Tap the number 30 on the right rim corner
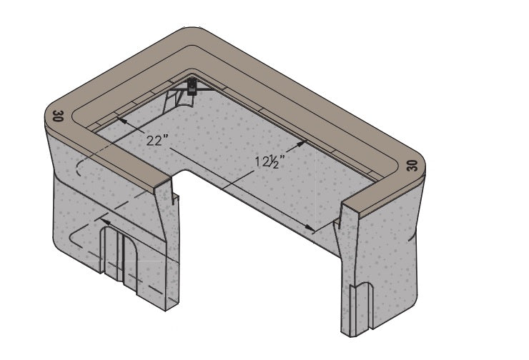(x=412, y=166)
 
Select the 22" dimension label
(x=157, y=140)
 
